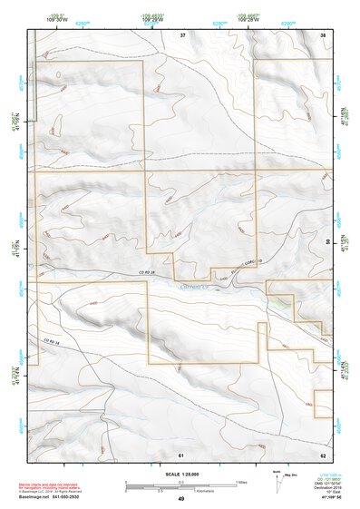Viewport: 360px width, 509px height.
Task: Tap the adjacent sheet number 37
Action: (x=182, y=34)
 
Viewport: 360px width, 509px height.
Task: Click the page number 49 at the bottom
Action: (x=180, y=499)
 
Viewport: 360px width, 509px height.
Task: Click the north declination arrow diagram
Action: (x=277, y=479)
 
